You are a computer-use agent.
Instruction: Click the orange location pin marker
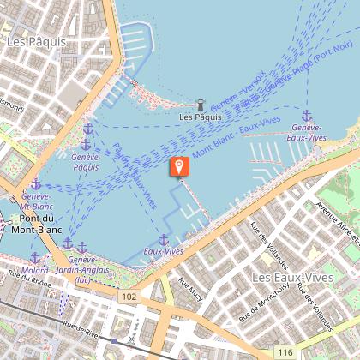(x=179, y=166)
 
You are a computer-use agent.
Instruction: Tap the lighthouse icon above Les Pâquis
(x=201, y=105)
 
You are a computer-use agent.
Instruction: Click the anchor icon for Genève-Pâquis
(x=87, y=129)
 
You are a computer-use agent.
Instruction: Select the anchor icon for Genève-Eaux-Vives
(x=306, y=116)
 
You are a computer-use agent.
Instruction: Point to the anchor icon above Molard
(x=34, y=257)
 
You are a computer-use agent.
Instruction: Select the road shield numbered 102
(x=129, y=297)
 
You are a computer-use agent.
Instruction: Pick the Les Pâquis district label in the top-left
(x=31, y=40)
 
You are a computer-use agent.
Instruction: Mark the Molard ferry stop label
(x=35, y=270)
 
